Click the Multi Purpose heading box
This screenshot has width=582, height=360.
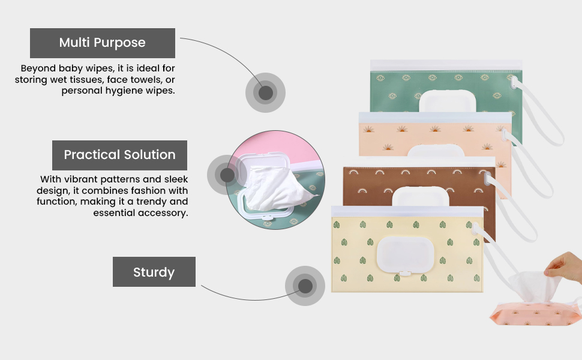(102, 43)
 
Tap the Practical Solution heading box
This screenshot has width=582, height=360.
(119, 155)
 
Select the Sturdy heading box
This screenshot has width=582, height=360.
(154, 272)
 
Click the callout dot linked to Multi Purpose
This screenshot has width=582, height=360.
(265, 93)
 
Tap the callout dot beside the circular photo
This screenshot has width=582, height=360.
(227, 175)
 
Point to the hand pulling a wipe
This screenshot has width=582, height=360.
(564, 265)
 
